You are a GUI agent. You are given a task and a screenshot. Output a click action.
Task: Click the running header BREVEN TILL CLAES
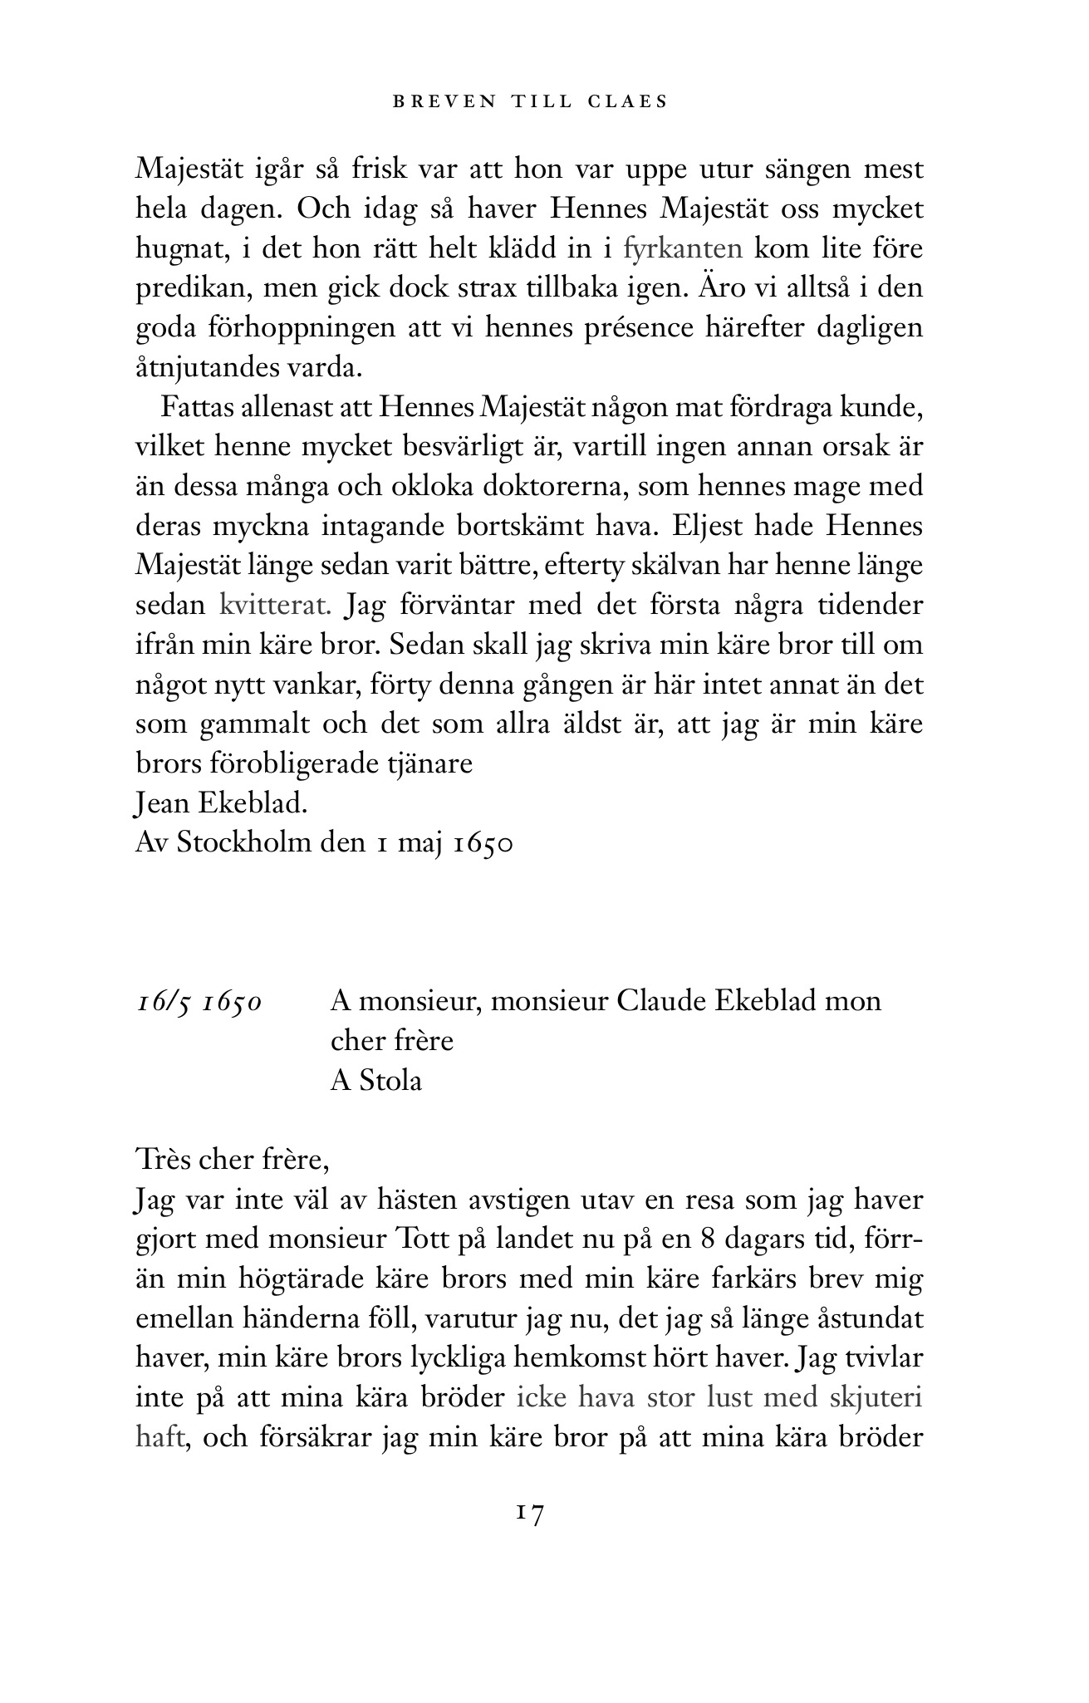530,102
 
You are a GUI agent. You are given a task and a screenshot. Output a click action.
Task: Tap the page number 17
529,1514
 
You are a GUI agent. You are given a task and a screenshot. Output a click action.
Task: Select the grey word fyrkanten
682,248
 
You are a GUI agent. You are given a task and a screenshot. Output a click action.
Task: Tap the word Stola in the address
390,1081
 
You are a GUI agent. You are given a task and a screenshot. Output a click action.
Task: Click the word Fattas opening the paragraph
194,408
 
